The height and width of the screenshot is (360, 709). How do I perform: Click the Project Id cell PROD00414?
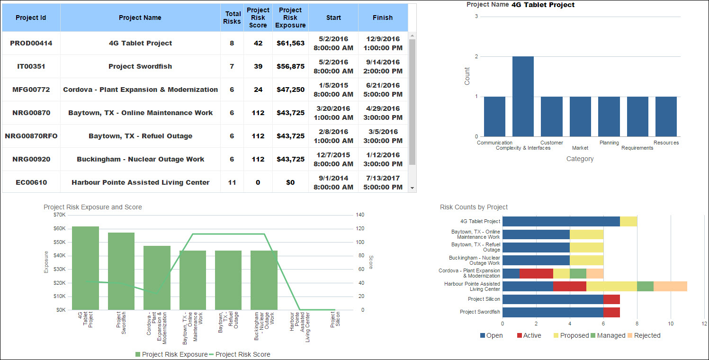31,43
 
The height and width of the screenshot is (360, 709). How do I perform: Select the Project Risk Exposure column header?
290,18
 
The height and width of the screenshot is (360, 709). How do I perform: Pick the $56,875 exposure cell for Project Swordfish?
290,66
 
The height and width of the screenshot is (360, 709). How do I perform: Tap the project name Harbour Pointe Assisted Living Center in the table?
140,182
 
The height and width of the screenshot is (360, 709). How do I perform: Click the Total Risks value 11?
232,182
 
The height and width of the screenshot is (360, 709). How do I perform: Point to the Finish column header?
382,18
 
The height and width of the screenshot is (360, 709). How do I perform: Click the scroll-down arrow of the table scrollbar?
413,188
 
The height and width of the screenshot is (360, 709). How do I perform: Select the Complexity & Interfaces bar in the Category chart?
523,97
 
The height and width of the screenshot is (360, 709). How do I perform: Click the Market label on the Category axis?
580,148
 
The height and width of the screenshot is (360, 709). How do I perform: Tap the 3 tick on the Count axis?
476,17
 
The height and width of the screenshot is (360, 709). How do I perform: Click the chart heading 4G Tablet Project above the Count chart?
543,5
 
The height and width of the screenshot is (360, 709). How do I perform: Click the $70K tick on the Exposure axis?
60,215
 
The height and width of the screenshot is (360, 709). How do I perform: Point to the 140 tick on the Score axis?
360,215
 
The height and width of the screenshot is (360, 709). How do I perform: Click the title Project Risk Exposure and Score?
93,207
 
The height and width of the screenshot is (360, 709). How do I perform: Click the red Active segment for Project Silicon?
611,299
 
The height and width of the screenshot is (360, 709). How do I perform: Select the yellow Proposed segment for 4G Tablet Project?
628,221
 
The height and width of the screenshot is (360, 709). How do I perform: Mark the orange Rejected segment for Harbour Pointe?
670,286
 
